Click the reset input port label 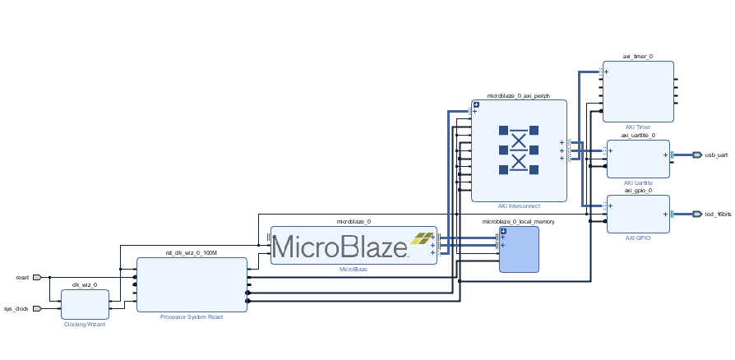coord(22,278)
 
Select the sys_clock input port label coord(16,309)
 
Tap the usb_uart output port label coord(716,155)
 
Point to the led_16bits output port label coord(718,214)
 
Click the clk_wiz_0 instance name coord(85,284)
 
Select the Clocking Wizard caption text coord(85,325)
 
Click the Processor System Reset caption coord(192,316)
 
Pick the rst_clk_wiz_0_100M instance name coord(192,253)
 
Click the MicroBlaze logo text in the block coord(340,245)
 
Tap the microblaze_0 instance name coord(354,221)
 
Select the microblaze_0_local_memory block coord(520,249)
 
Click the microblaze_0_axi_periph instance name coord(518,95)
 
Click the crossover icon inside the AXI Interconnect coord(519,150)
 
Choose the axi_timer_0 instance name coord(637,57)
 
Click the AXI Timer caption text coord(637,127)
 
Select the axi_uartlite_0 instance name coord(638,135)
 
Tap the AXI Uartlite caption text coord(638,182)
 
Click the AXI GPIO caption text coord(638,238)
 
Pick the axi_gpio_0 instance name coord(638,190)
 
